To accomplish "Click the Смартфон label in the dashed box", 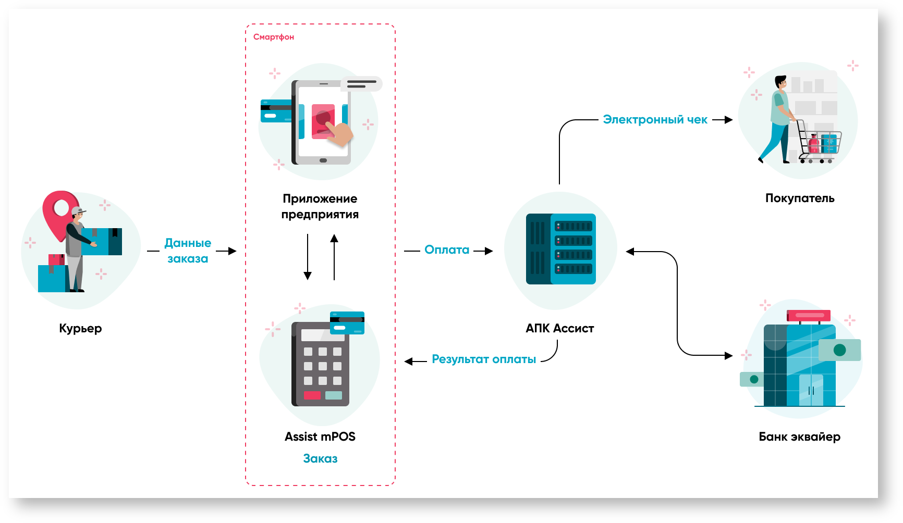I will tap(274, 37).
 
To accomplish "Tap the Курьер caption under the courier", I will tap(80, 329).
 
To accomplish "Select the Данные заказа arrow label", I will tap(188, 251).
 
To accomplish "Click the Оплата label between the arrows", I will tap(447, 250).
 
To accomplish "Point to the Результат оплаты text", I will tap(484, 359).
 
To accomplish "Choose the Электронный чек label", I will tap(655, 120).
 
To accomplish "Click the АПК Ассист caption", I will tap(560, 329).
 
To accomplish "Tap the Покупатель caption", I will tap(800, 198).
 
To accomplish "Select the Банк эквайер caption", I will tap(799, 437).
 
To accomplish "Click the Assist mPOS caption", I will tap(320, 437).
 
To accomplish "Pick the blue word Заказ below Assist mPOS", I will tap(320, 459).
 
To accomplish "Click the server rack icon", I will tap(561, 249).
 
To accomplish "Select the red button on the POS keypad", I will tap(312, 395).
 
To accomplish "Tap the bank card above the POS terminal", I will tap(347, 323).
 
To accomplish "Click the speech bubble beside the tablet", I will tap(361, 84).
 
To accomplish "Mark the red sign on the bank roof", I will tap(809, 316).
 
